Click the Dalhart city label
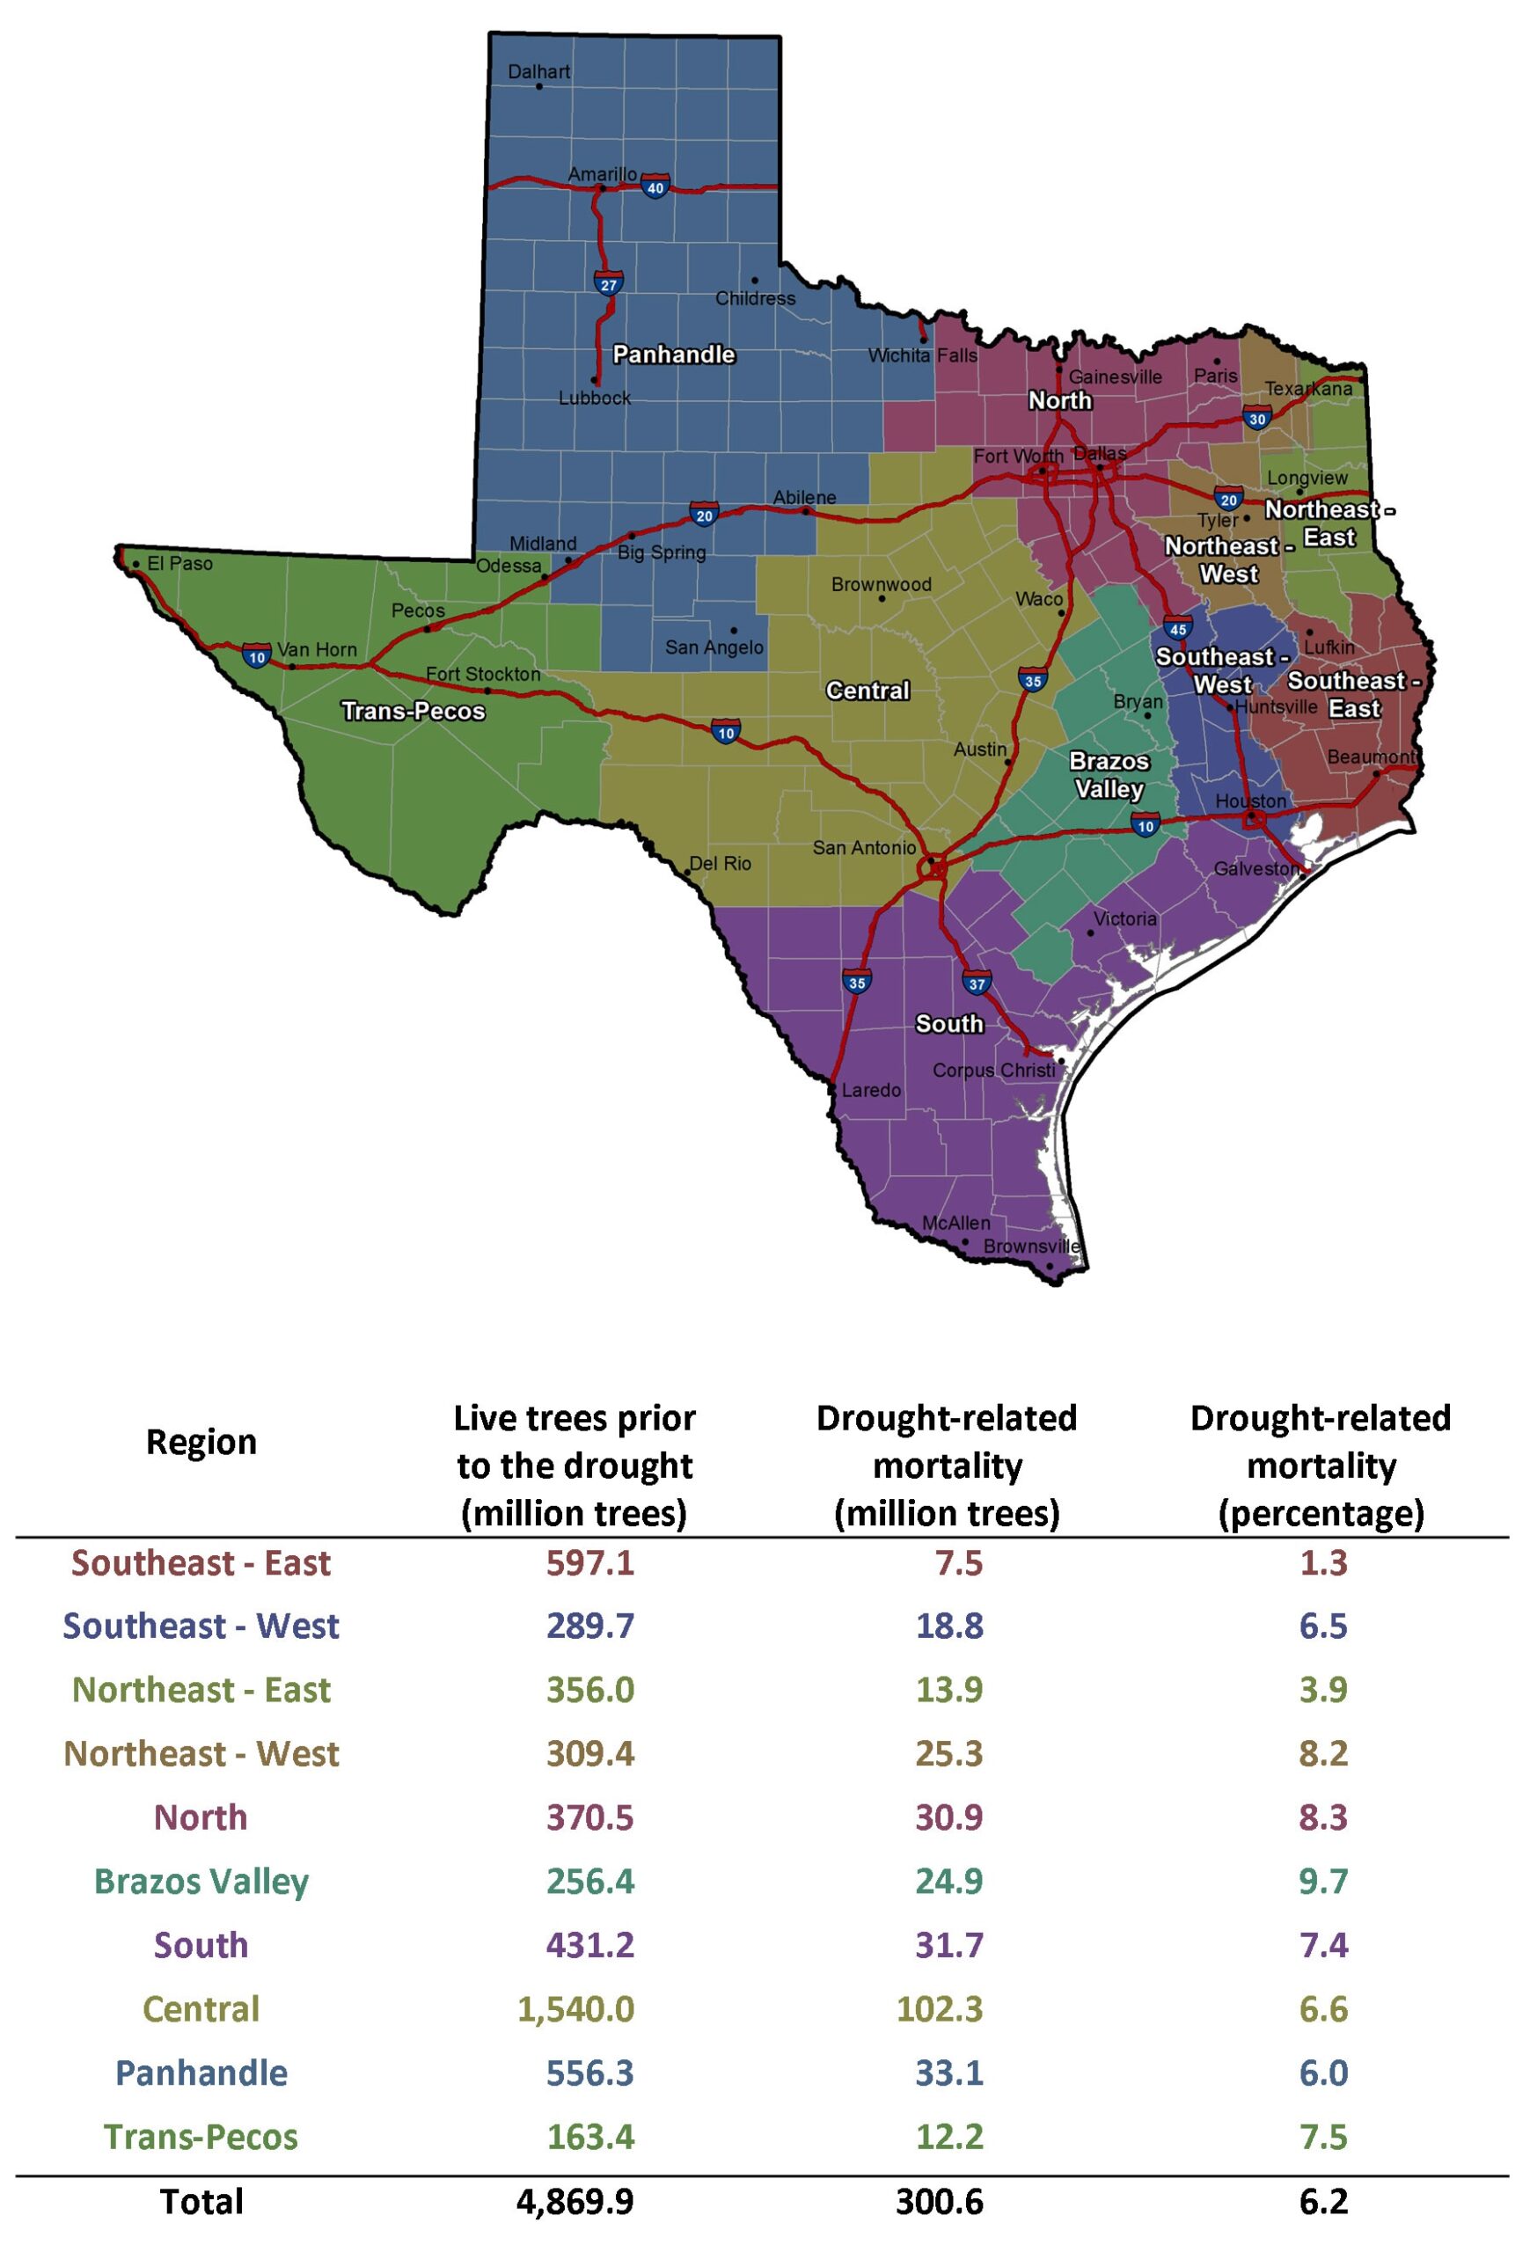[538, 72]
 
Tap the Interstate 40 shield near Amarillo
[655, 187]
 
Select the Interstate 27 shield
[609, 284]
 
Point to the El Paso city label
[179, 563]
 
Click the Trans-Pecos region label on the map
[413, 712]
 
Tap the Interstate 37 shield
[977, 983]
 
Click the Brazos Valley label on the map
[1109, 775]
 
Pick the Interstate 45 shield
[1177, 629]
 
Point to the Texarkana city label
[1308, 389]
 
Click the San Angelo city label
[714, 647]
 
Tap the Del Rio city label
[720, 863]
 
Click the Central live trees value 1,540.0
[575, 2009]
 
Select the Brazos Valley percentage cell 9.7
[1322, 1881]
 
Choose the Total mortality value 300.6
[939, 2201]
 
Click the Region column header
[201, 1442]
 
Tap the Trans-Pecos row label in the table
[201, 2137]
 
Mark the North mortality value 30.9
[948, 1817]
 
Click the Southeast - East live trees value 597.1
[590, 1563]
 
